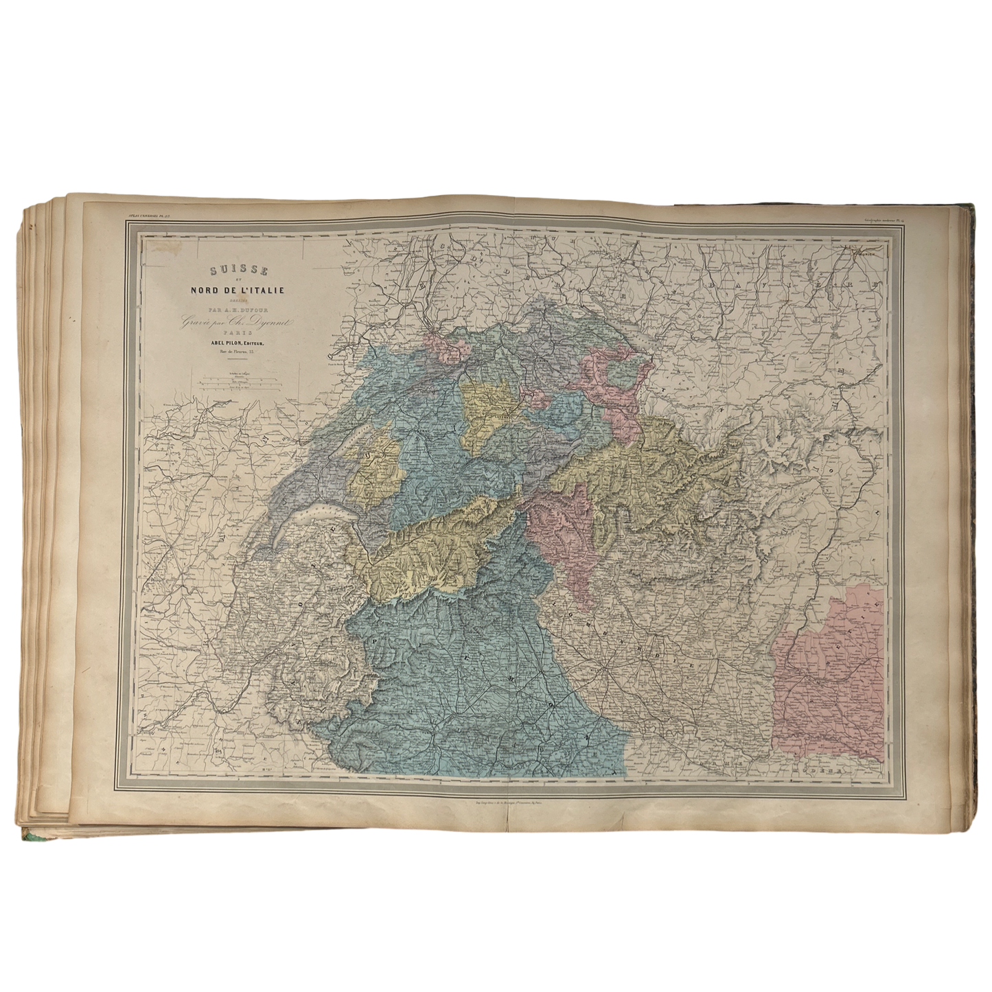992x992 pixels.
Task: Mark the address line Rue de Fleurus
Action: [231, 354]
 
